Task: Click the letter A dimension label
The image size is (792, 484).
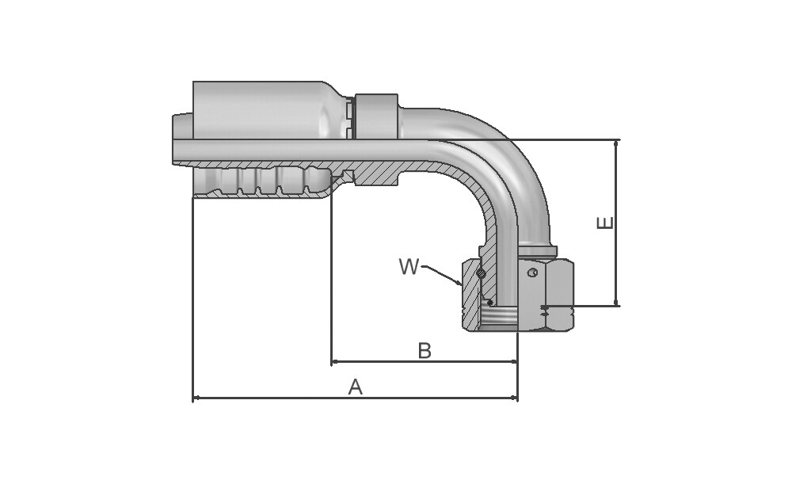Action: [356, 387]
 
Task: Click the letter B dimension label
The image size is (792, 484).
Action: [425, 351]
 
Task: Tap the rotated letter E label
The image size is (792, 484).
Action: [605, 223]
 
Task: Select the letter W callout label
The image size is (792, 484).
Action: [409, 266]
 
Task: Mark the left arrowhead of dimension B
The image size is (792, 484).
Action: [335, 362]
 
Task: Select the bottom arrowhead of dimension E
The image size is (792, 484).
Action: [616, 302]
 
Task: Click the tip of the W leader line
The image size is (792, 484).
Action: [461, 285]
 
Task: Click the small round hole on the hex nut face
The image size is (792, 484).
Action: [532, 272]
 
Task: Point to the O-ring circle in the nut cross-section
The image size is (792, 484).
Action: [482, 274]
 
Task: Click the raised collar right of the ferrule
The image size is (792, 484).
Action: [377, 116]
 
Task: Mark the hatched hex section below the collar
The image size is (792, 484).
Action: [377, 173]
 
